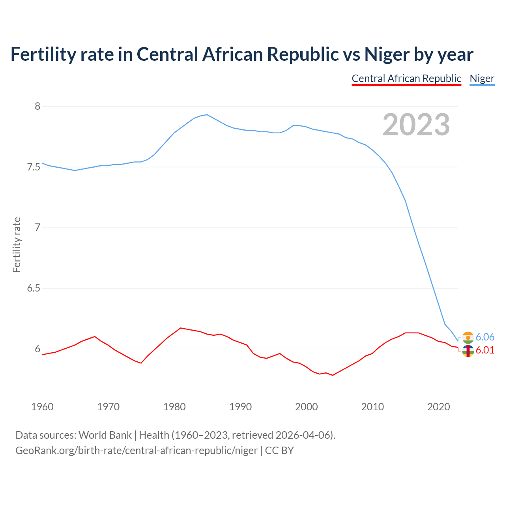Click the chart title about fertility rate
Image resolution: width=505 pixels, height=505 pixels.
[241, 54]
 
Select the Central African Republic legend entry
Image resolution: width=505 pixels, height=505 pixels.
[406, 79]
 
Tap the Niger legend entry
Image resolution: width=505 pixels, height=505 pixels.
[482, 79]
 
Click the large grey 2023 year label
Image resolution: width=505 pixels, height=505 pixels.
[416, 125]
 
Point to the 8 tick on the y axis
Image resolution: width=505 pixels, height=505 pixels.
[37, 106]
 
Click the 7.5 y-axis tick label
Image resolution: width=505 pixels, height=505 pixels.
[34, 167]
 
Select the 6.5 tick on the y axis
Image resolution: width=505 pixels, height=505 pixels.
[34, 288]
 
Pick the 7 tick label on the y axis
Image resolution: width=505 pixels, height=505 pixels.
[37, 228]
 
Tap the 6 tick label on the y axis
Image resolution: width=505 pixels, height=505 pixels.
[37, 349]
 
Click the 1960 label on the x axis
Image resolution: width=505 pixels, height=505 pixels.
[42, 407]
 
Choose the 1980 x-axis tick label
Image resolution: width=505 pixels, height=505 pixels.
[174, 407]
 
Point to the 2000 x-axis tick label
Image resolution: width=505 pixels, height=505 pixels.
[307, 407]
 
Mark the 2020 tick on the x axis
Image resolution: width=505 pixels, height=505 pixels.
[439, 407]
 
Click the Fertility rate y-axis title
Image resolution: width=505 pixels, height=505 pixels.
[17, 245]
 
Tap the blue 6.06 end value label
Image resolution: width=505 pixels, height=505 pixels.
[485, 337]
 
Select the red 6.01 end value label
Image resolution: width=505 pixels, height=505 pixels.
[485, 350]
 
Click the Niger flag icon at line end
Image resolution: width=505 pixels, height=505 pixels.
[468, 337]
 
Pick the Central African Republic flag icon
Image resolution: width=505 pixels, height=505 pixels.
[468, 351]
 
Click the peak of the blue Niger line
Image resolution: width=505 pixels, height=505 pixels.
[207, 115]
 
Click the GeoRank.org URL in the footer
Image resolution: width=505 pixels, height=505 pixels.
[137, 451]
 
